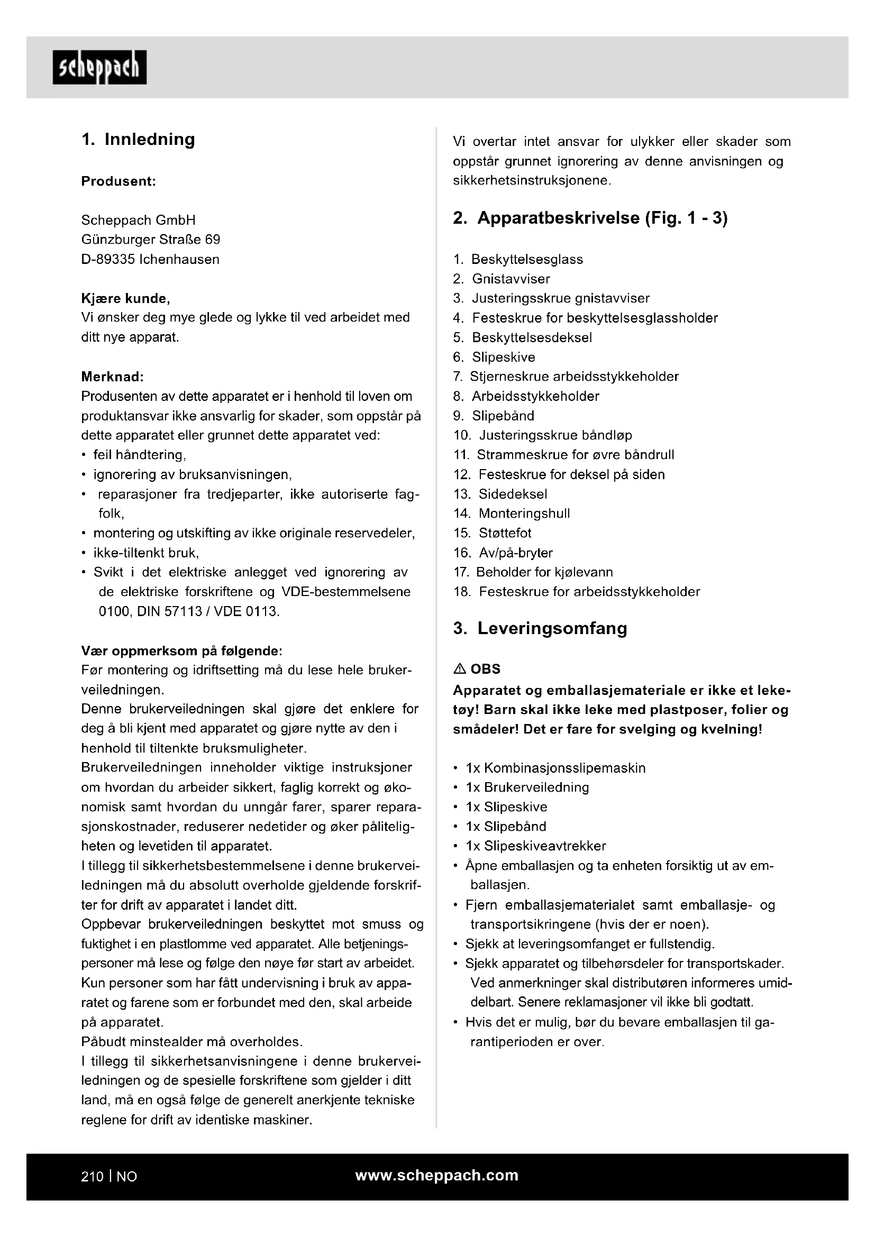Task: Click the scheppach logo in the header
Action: tap(99, 67)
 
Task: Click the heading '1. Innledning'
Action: tap(138, 139)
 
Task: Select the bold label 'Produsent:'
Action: tap(119, 181)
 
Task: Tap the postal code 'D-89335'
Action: tap(108, 259)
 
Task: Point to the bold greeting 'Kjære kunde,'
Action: tap(125, 298)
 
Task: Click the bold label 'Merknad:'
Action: tap(113, 376)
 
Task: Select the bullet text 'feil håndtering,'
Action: tap(140, 455)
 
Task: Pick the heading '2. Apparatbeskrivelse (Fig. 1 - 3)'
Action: tap(590, 218)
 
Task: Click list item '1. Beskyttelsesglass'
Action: tap(518, 259)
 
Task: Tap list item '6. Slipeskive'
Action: tap(494, 357)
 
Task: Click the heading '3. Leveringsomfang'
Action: tap(540, 628)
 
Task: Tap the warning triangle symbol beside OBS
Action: tap(460, 669)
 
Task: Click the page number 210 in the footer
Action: tap(92, 1176)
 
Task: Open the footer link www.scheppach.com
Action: tap(437, 1175)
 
